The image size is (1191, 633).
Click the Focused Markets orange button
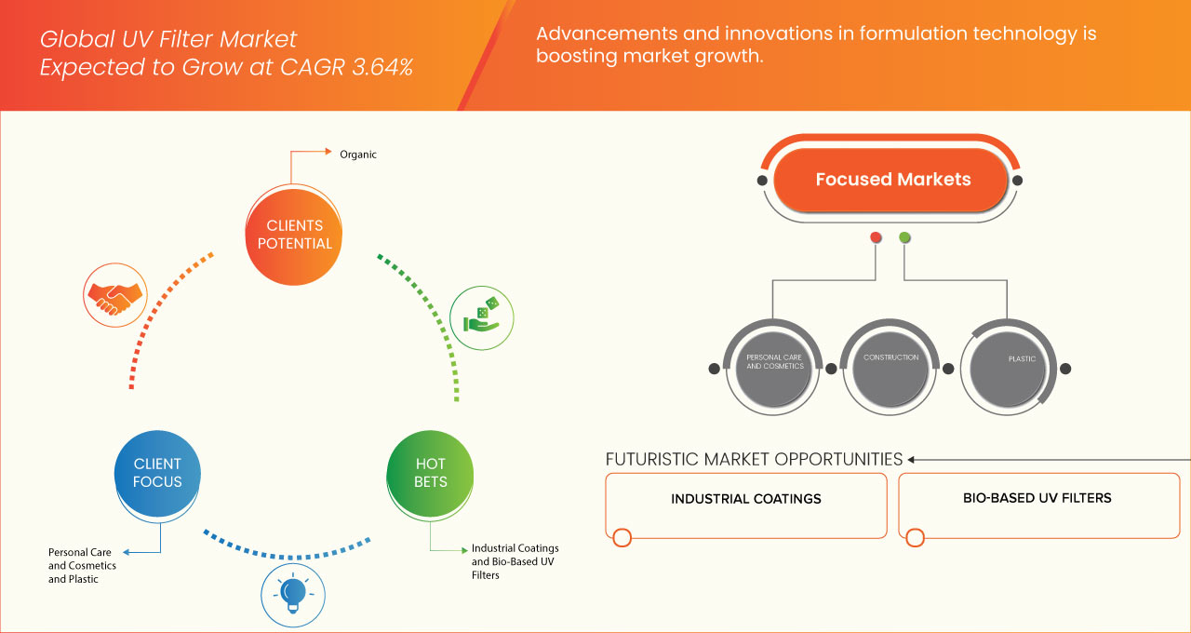pos(892,180)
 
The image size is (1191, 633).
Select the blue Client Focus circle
pos(157,473)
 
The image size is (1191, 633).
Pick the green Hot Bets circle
pos(430,473)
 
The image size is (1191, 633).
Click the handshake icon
pos(114,293)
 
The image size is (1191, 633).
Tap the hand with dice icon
pos(480,316)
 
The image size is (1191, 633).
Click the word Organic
pos(358,155)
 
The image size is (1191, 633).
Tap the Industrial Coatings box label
pos(746,499)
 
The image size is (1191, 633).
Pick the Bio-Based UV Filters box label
pos(1037,498)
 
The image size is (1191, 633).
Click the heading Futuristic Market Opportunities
pos(754,459)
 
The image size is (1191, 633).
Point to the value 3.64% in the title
pos(381,67)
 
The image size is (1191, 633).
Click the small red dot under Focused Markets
pos(876,237)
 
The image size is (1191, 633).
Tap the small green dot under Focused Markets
pos(905,237)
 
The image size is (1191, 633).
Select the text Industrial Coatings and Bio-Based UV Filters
pos(515,561)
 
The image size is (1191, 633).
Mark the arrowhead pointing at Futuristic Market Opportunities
pos(912,459)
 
